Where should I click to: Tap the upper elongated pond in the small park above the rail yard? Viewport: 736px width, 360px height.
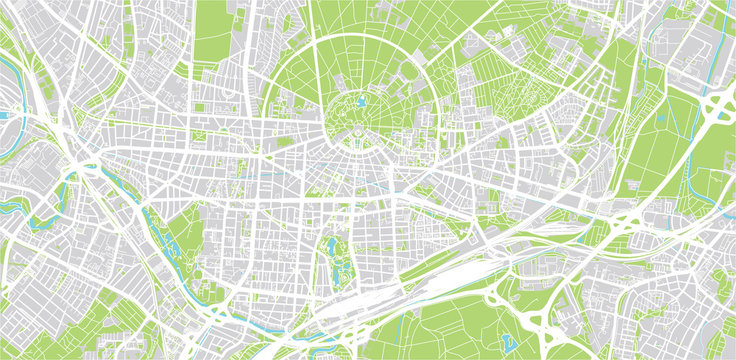(333, 245)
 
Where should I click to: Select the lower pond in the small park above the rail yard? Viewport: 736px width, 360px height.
(337, 270)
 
